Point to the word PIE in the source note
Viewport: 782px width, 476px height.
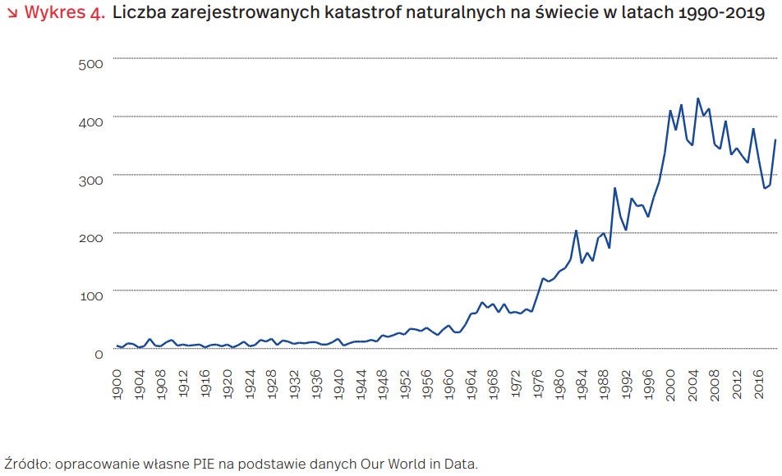[202, 464]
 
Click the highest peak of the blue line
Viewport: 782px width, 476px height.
[698, 98]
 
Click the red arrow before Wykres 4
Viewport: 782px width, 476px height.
[11, 14]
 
